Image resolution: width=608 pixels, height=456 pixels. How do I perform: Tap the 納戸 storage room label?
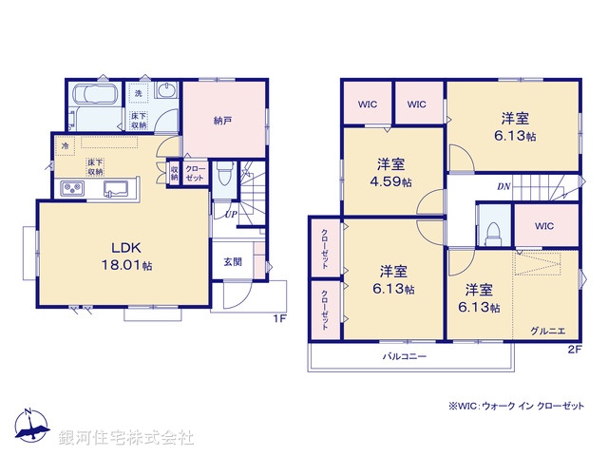(222, 120)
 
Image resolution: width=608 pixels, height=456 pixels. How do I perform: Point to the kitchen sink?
(121, 187)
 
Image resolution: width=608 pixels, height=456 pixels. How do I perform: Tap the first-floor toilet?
(225, 174)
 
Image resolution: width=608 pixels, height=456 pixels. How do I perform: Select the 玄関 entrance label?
(233, 261)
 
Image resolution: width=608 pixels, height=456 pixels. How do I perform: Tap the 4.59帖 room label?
(390, 171)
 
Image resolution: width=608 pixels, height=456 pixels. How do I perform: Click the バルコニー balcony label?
(405, 356)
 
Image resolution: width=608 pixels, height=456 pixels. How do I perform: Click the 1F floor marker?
(280, 318)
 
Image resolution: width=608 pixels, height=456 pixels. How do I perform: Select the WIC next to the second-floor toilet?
(544, 226)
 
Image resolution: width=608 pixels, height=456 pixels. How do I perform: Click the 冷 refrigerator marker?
(66, 146)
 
